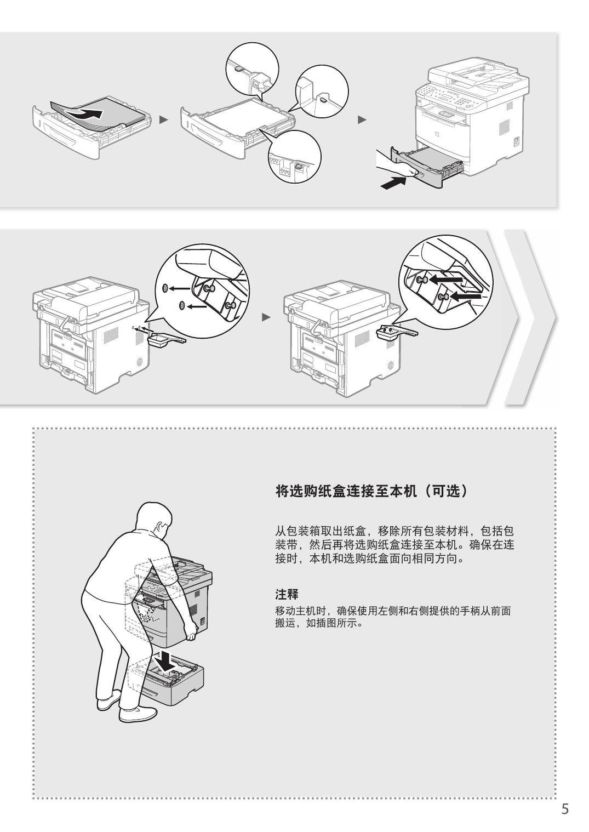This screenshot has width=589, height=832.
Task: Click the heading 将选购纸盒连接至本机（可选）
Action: coord(372,491)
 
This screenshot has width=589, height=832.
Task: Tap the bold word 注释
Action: coord(287,594)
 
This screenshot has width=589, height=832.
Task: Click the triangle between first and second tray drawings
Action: coord(163,120)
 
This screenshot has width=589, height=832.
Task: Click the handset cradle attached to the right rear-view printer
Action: coord(397,331)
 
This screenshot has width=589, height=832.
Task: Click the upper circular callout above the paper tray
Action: coord(253,71)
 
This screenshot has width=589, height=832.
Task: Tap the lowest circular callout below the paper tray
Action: coord(294,157)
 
